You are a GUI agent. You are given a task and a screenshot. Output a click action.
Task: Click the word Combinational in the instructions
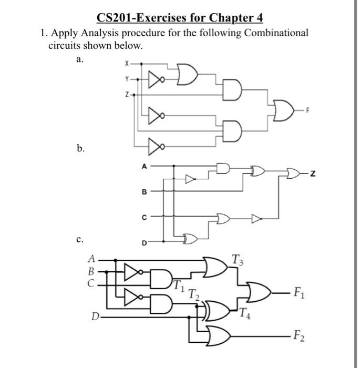[x=271, y=33]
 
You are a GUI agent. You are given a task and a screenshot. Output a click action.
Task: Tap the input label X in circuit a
[x=126, y=65]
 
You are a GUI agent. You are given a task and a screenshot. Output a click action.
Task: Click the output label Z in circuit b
[x=313, y=172]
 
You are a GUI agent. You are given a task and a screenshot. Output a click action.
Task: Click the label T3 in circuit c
[x=237, y=258]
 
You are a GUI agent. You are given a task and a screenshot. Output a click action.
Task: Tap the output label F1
[x=299, y=292]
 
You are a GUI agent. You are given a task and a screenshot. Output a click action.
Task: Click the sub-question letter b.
[x=80, y=149]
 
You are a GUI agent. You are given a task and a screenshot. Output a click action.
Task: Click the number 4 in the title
[x=259, y=19]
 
